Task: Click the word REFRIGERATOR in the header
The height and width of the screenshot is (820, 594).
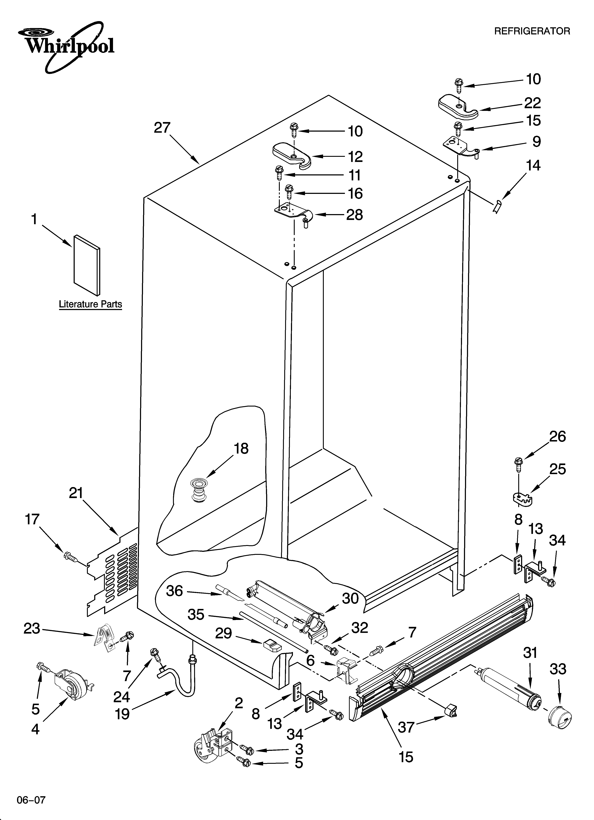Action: pyautogui.click(x=532, y=31)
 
